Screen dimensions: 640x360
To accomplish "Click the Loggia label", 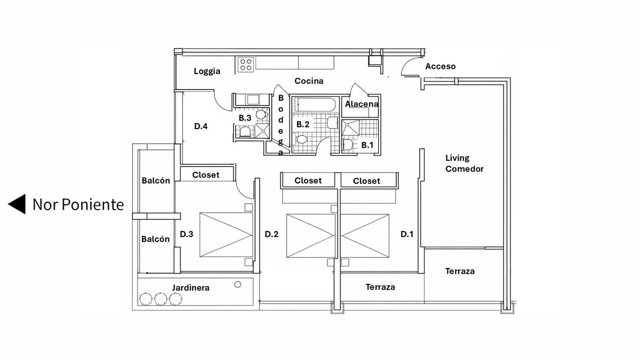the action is (207, 71).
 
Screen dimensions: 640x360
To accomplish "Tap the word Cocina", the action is (309, 81).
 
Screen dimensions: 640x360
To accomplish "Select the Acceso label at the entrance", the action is (441, 66).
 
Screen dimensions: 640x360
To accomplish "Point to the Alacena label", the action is (362, 104).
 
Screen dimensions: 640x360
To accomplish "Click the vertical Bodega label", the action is (281, 125).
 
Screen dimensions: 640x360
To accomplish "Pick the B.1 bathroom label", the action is (367, 145).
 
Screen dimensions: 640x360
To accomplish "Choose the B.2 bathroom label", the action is (303, 124).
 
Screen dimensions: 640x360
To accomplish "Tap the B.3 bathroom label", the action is (245, 118).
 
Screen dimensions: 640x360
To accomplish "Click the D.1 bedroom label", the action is (407, 234).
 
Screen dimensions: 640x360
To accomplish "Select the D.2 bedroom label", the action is (271, 234).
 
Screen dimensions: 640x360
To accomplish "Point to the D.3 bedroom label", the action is (186, 234).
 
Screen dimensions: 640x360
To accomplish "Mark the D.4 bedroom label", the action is (201, 126).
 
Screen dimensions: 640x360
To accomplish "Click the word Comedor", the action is (465, 169).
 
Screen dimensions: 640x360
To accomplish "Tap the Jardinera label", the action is (190, 287).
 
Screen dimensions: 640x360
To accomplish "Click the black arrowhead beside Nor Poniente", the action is (17, 204).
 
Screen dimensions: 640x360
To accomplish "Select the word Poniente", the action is (93, 205).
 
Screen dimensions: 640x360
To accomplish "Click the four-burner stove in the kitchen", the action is (246, 65).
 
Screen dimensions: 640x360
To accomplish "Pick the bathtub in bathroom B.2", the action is (315, 105).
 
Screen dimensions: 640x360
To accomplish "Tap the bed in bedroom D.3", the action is (226, 235).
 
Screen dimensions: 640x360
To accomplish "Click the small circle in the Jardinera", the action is (237, 285).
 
